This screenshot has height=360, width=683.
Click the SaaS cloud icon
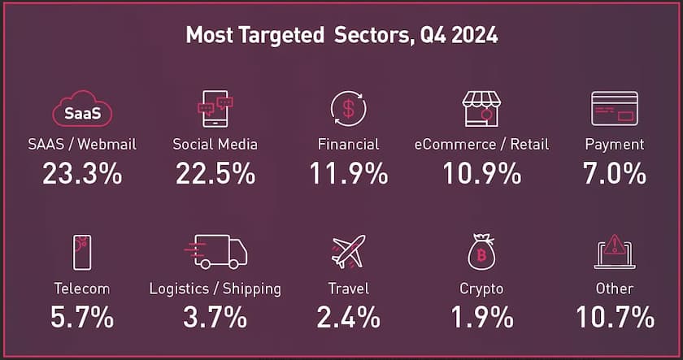81,111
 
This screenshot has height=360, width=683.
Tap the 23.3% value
81,174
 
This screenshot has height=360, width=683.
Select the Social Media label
215,145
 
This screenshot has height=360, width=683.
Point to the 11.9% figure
348,174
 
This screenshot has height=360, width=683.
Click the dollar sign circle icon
348,109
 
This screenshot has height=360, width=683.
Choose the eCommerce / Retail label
481,145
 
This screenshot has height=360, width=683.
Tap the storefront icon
481,109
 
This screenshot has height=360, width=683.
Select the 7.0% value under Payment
614,174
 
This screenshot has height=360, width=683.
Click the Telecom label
81,288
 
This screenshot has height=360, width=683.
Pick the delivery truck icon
215,253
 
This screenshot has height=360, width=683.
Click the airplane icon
348,252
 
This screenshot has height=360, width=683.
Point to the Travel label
348,288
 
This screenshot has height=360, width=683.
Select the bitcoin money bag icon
481,253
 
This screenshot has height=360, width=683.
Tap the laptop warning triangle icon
614,252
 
